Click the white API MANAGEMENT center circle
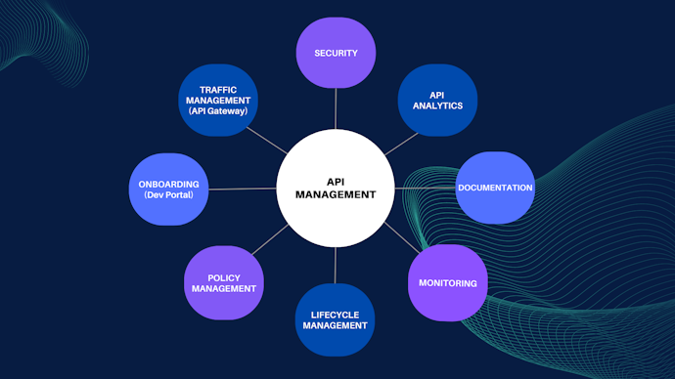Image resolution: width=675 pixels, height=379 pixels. (336, 188)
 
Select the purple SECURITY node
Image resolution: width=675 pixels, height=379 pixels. (336, 53)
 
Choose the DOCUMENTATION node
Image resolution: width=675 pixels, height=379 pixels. (495, 188)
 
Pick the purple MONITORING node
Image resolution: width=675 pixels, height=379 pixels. (447, 283)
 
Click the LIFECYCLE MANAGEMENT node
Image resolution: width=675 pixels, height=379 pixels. (335, 319)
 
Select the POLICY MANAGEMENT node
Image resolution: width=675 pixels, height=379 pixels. (224, 283)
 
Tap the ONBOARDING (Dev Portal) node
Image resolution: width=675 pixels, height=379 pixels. (169, 189)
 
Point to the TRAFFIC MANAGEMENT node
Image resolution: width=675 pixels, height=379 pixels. (218, 101)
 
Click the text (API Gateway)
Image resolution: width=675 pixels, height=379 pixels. (218, 111)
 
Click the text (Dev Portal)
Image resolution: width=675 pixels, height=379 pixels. (169, 194)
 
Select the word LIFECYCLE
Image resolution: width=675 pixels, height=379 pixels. (335, 314)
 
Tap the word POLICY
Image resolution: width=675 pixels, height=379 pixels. (224, 277)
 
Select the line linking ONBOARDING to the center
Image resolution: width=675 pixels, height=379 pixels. (243, 189)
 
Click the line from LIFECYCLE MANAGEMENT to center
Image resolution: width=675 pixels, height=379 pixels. (336, 265)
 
